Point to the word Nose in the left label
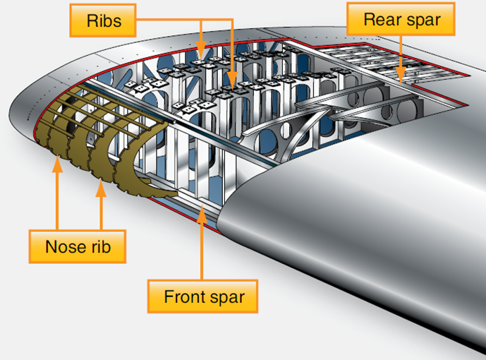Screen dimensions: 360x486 point(62,247)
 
